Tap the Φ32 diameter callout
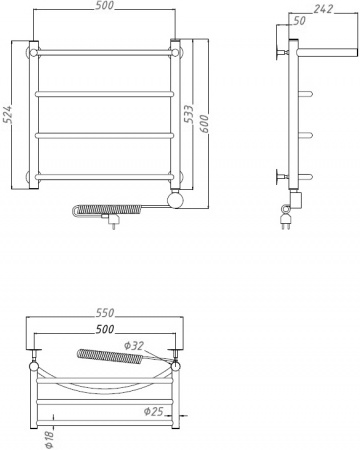pyautogui.click(x=136, y=346)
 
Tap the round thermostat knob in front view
pyautogui.click(x=177, y=199)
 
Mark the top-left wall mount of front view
pyautogui.click(x=34, y=50)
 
